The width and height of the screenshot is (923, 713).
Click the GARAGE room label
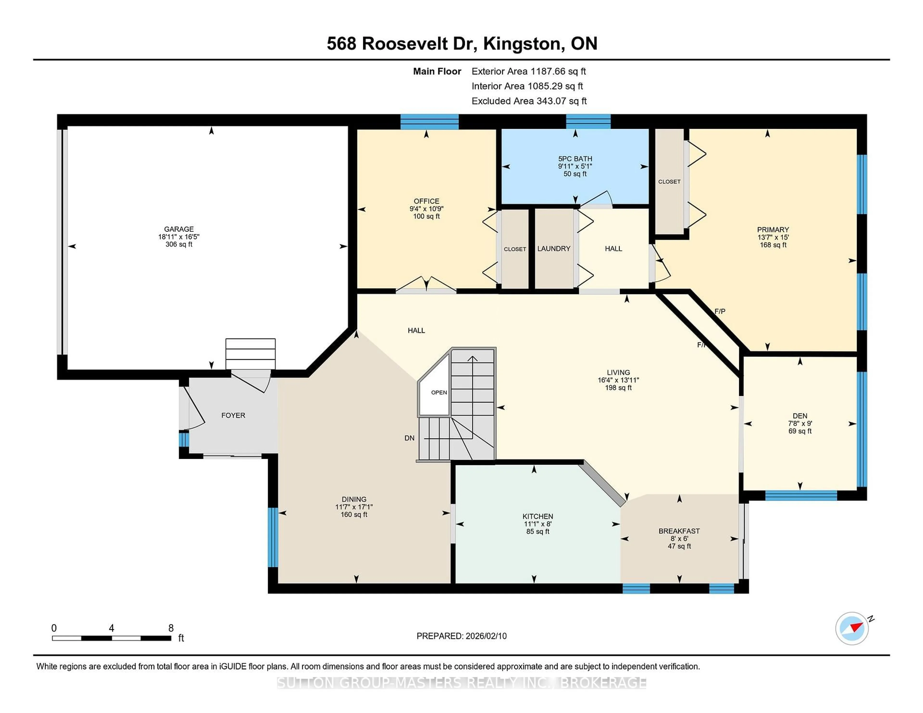pyautogui.click(x=179, y=229)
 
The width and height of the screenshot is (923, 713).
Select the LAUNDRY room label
pyautogui.click(x=554, y=248)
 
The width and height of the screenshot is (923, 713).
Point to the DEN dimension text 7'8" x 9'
pyautogui.click(x=800, y=423)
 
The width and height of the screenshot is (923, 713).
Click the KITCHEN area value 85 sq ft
pyautogui.click(x=537, y=531)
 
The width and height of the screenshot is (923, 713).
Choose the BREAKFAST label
pyautogui.click(x=679, y=531)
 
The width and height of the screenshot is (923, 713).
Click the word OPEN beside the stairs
pyautogui.click(x=439, y=392)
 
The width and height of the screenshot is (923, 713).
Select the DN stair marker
pyautogui.click(x=409, y=438)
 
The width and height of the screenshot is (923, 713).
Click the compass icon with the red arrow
pyautogui.click(x=852, y=628)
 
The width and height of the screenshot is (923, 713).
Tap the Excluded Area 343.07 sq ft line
pyautogui.click(x=529, y=101)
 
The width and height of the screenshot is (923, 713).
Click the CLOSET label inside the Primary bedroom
pyautogui.click(x=669, y=182)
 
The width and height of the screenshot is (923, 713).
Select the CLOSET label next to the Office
pyautogui.click(x=515, y=249)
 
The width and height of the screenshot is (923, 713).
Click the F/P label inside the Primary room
pyautogui.click(x=720, y=311)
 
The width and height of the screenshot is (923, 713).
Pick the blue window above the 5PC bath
pyautogui.click(x=588, y=121)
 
